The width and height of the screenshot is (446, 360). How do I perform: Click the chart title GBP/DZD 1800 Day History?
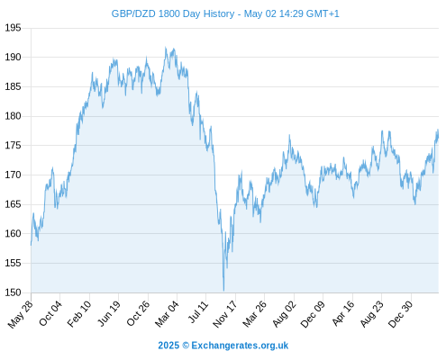coord(173,13)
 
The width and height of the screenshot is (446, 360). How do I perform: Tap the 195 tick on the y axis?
coord(13,28)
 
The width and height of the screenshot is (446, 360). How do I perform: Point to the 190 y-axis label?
coord(13,57)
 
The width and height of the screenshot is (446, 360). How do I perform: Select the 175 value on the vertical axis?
coord(13,146)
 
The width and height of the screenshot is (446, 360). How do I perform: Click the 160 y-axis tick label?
coord(13,234)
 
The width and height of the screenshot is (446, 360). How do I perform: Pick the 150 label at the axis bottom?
coord(13,292)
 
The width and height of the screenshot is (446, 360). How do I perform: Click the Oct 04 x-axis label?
coord(50,313)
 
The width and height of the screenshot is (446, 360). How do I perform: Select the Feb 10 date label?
coord(79,314)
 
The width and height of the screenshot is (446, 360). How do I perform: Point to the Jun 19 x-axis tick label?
coord(109,313)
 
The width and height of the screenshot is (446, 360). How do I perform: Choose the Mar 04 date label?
coord(167,314)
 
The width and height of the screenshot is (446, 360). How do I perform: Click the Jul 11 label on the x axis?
coord(198,312)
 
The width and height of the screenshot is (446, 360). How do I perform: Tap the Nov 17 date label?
coord(224,314)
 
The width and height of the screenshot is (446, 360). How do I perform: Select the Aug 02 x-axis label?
coord(284,314)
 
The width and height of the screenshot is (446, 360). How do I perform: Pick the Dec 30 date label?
coord(401,314)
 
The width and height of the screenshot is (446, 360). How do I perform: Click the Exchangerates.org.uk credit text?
coord(240,346)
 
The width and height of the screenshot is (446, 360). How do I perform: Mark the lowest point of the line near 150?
coord(223,291)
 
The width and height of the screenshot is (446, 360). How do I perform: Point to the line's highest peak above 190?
coord(166,48)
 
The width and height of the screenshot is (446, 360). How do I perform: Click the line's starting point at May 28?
coord(31,245)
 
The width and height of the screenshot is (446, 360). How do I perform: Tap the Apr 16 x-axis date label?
coord(343,313)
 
